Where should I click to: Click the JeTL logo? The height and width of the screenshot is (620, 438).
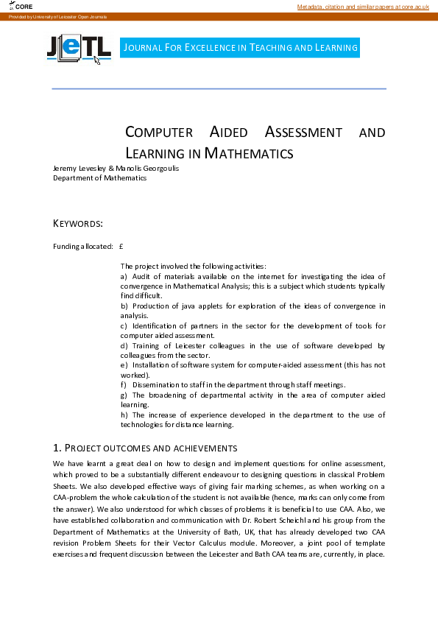pyautogui.click(x=78, y=49)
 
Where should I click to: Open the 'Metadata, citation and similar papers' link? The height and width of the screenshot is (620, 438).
pyautogui.click(x=362, y=7)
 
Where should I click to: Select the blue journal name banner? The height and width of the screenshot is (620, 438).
pyautogui.click(x=240, y=48)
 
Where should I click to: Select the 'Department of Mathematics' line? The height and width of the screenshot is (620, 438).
pyautogui.click(x=99, y=177)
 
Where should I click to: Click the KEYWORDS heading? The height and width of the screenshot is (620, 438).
pyautogui.click(x=78, y=223)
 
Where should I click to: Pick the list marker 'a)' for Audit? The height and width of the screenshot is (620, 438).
pyautogui.click(x=124, y=275)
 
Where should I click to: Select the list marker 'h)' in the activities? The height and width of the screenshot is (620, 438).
pyautogui.click(x=124, y=415)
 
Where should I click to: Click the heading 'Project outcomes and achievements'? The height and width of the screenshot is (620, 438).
pyautogui.click(x=144, y=448)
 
